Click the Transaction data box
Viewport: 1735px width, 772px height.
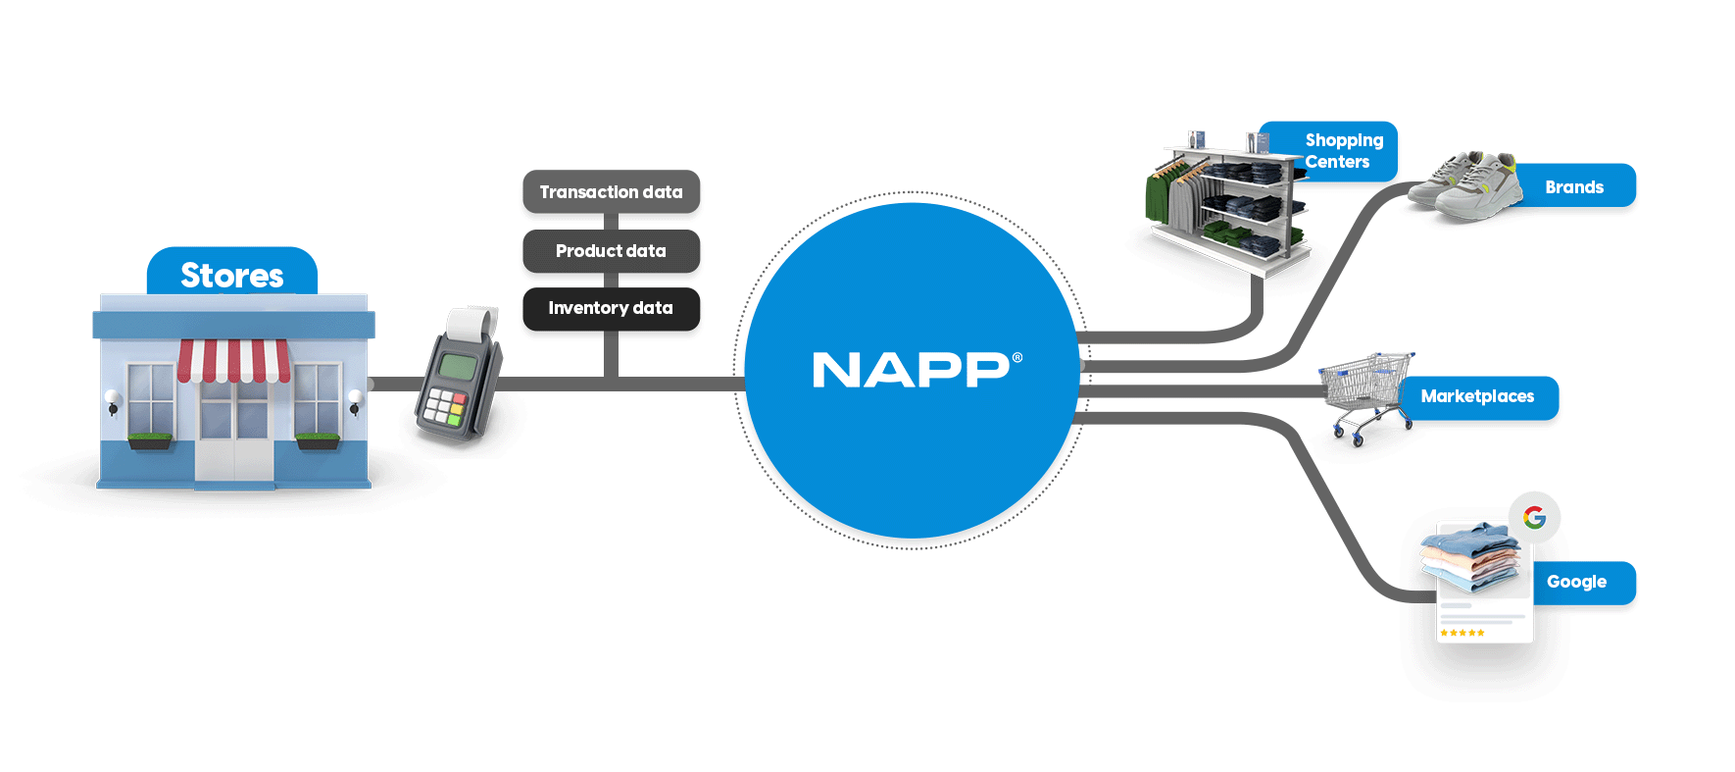point(611,192)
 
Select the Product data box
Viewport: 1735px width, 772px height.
point(611,251)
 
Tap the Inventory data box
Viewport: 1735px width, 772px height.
point(611,308)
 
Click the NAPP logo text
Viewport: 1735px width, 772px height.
point(911,371)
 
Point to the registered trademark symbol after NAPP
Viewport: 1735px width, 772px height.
point(1016,358)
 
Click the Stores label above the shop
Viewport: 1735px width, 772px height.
point(232,275)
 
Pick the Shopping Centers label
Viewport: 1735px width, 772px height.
point(1343,151)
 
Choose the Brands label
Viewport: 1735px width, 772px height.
point(1574,186)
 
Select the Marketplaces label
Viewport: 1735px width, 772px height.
point(1477,396)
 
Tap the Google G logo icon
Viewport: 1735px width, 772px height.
point(1534,516)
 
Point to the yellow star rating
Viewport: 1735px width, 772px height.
point(1462,633)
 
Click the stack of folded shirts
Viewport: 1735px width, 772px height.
point(1470,557)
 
